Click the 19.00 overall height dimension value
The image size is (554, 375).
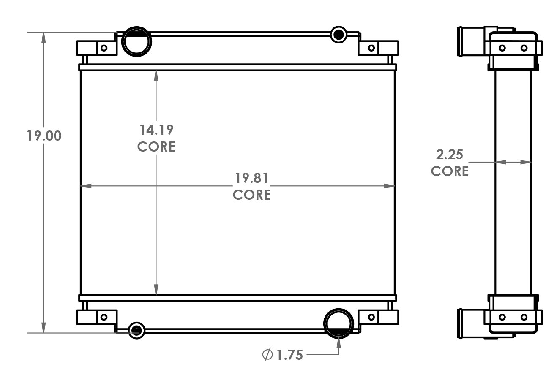44,136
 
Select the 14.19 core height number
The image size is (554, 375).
156,130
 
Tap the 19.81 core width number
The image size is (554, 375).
252,178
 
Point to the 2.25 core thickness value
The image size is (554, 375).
450,155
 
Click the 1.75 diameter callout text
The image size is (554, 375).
290,355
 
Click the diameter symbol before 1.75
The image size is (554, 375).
267,355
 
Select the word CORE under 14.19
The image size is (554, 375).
156,147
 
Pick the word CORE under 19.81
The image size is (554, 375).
252,195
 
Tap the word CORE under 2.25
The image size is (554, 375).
450,171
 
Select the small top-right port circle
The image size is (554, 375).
338,34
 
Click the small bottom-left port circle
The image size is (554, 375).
136,330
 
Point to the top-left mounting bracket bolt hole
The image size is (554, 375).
103,48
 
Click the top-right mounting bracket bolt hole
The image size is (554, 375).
371,48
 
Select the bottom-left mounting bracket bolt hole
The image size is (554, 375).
103,317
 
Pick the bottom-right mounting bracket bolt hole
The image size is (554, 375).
371,317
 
